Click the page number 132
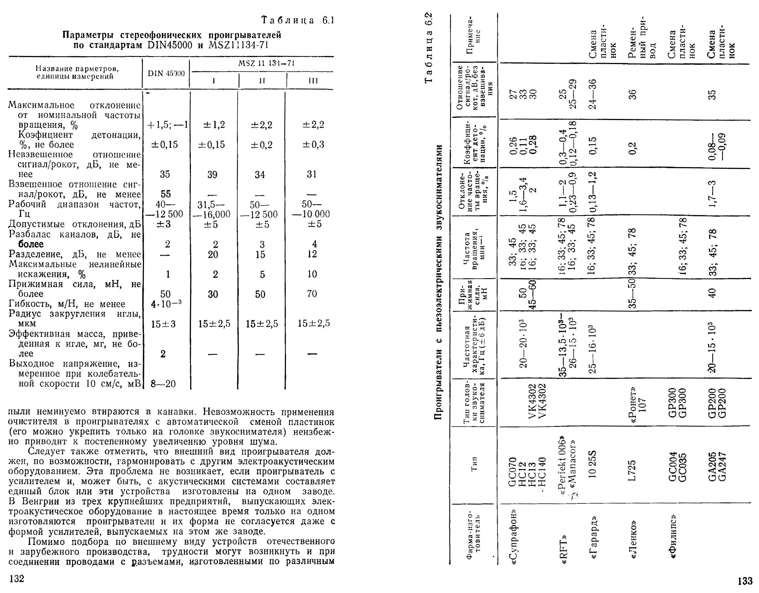[17, 579]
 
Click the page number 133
[745, 581]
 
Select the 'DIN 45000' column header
[166, 74]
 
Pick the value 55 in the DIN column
[165, 194]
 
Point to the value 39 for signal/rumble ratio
[212, 174]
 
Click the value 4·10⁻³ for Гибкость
[166, 304]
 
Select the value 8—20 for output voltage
[163, 384]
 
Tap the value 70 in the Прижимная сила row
[312, 294]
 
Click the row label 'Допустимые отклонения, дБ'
[74, 224]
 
